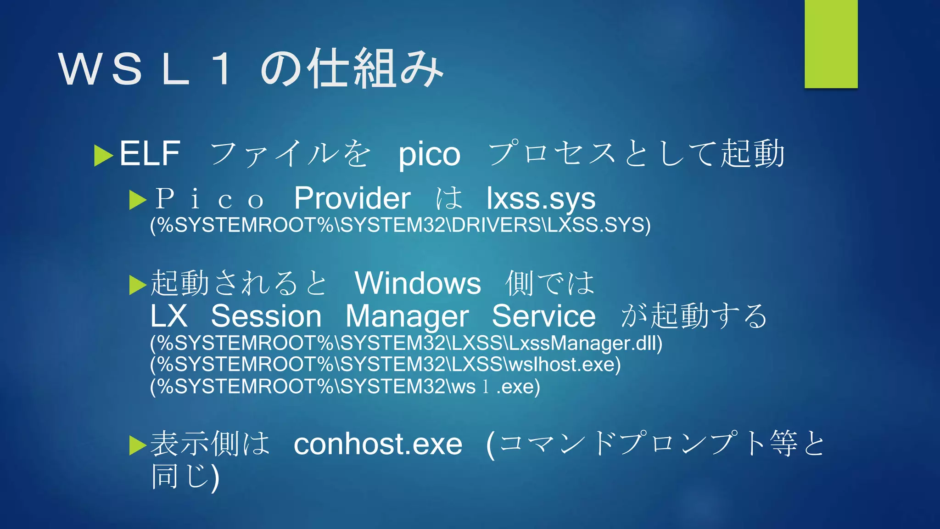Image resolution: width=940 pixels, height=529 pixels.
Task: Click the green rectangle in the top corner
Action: click(831, 44)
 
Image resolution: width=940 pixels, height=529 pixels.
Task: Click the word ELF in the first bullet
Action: click(150, 154)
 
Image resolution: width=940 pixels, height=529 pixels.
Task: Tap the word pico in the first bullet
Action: click(429, 155)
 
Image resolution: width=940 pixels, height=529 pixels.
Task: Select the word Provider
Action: click(352, 198)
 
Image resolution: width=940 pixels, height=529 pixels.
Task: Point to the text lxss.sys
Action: click(541, 199)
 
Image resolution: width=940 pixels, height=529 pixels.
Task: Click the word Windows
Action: click(418, 283)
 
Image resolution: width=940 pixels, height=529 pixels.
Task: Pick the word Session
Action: click(266, 316)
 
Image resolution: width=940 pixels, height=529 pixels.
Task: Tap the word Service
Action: click(543, 316)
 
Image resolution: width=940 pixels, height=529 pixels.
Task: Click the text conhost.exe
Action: click(378, 445)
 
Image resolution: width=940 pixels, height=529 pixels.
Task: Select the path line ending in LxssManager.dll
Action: click(406, 343)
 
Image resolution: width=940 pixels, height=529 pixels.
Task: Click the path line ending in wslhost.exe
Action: click(385, 365)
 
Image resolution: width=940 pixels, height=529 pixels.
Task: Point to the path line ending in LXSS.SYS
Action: click(400, 225)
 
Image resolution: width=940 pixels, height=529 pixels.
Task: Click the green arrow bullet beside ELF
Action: click(103, 155)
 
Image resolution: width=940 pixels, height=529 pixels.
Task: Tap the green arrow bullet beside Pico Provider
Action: click(138, 200)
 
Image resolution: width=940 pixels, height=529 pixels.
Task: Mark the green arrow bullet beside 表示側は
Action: click(138, 445)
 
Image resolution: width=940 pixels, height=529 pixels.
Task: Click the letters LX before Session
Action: click(169, 316)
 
